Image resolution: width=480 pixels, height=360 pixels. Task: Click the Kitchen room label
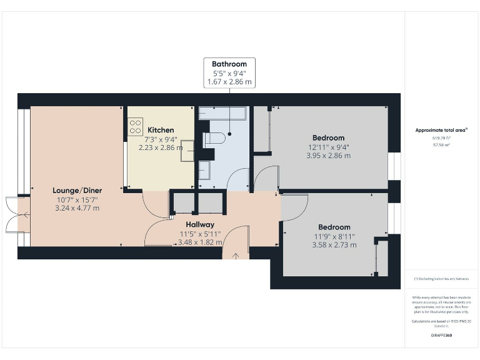(161, 130)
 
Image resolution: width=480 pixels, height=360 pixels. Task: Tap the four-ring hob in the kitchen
(135, 127)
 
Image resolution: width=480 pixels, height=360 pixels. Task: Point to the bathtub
(223, 113)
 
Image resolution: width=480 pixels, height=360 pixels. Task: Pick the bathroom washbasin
(205, 169)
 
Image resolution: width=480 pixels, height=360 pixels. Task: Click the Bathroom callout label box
(229, 72)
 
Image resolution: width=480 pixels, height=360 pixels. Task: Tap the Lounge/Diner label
(77, 190)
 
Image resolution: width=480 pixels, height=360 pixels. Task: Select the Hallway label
(200, 224)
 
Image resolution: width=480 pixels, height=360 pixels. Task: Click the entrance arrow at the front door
(236, 255)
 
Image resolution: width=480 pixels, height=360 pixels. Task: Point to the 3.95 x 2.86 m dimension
(328, 156)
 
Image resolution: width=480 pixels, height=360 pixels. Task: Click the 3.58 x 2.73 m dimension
(334, 245)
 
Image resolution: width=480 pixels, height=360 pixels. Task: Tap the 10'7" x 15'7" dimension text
(77, 199)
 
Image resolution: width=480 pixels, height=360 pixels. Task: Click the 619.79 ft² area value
(441, 137)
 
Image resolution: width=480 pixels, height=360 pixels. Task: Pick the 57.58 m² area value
(441, 144)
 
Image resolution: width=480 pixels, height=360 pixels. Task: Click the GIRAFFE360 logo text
(441, 336)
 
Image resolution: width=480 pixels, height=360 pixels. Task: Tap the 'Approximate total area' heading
(441, 130)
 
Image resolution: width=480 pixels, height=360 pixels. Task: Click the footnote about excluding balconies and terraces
(441, 279)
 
